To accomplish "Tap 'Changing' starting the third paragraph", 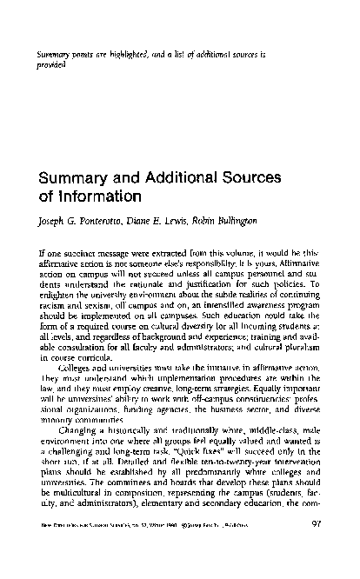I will tap(78, 431).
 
